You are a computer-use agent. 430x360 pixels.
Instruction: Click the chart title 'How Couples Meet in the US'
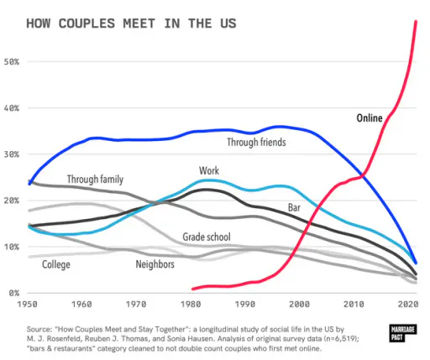coord(131,23)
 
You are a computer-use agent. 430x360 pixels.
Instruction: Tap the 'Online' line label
coord(370,118)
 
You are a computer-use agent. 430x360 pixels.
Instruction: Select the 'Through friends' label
coord(256,142)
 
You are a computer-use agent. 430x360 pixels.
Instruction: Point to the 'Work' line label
coord(209,170)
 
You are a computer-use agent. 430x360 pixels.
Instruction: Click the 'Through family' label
coord(95,180)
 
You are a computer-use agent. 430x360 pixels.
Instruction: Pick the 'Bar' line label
coord(294,207)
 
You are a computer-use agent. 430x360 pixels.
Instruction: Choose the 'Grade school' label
coord(207,237)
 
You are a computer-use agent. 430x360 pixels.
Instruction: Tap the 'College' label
coord(56,264)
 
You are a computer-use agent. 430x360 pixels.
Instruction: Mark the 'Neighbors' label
coord(155,264)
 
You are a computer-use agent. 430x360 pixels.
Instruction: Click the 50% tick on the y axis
coord(12,62)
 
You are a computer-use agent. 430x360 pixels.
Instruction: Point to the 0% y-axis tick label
coord(14,293)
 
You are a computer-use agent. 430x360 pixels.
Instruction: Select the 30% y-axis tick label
coord(12,154)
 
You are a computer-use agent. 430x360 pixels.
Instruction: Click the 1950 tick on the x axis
coord(27,304)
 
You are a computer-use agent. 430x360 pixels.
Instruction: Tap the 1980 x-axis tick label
coord(191,304)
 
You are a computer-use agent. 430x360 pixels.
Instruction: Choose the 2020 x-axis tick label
coord(408,304)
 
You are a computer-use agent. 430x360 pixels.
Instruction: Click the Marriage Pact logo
coord(403,333)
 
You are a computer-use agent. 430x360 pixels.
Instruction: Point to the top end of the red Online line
coord(416,21)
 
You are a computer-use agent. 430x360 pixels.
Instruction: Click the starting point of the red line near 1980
coord(192,289)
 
